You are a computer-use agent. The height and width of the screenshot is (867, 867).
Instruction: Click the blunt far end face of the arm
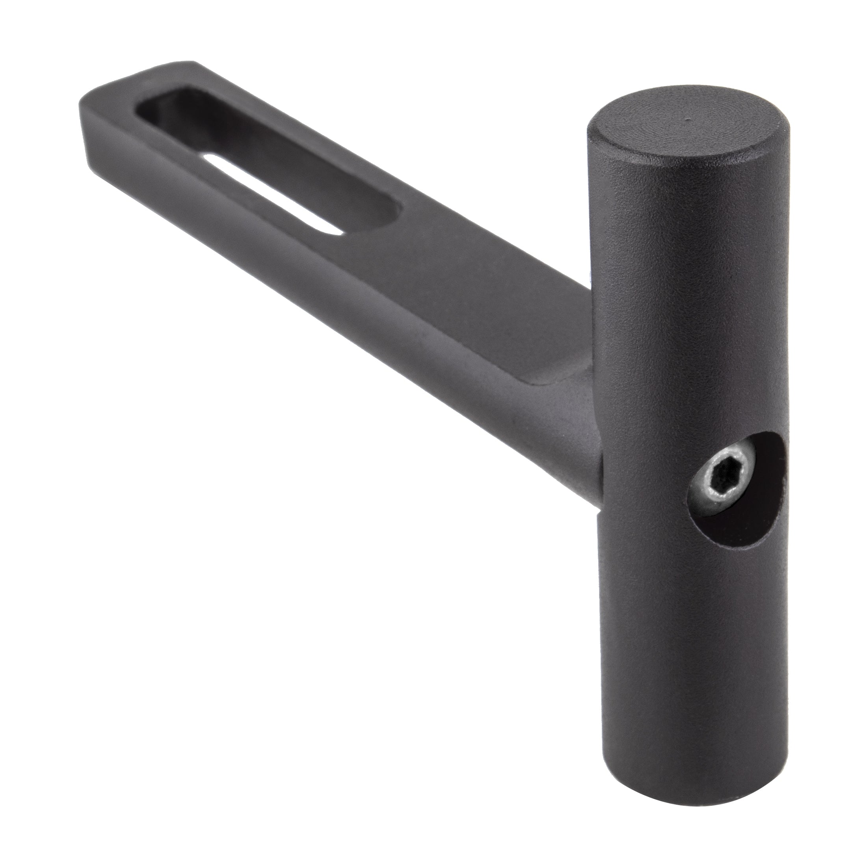tap(83, 135)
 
